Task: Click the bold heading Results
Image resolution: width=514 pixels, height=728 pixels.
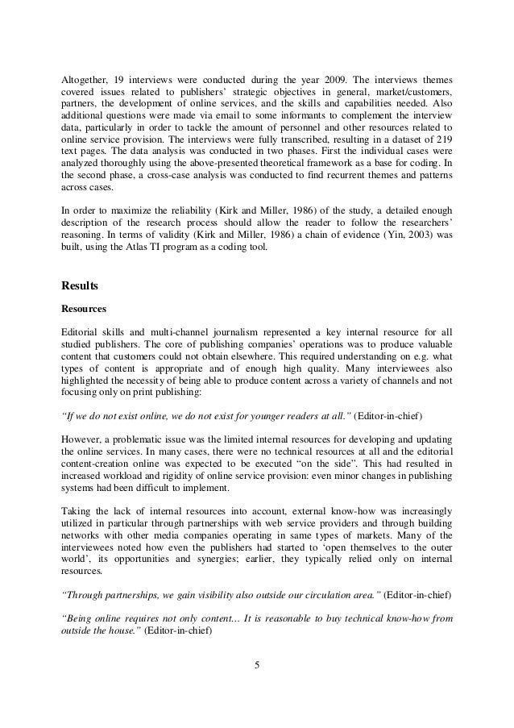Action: pos(81,284)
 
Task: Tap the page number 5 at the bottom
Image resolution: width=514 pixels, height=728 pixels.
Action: pos(256,665)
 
